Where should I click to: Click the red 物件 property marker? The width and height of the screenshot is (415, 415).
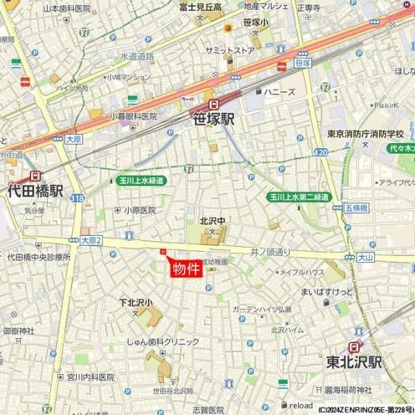point(185,268)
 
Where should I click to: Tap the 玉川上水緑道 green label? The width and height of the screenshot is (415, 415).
point(141,181)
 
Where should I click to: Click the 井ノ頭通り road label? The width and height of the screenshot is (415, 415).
point(270,252)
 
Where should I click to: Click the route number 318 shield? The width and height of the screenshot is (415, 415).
point(77,198)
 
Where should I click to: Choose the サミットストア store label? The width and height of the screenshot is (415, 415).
point(230,50)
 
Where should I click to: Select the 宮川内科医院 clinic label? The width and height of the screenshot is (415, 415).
point(91,377)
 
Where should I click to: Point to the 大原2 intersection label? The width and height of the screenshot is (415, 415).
point(91,240)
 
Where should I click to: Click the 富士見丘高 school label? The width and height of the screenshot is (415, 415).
point(200,7)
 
